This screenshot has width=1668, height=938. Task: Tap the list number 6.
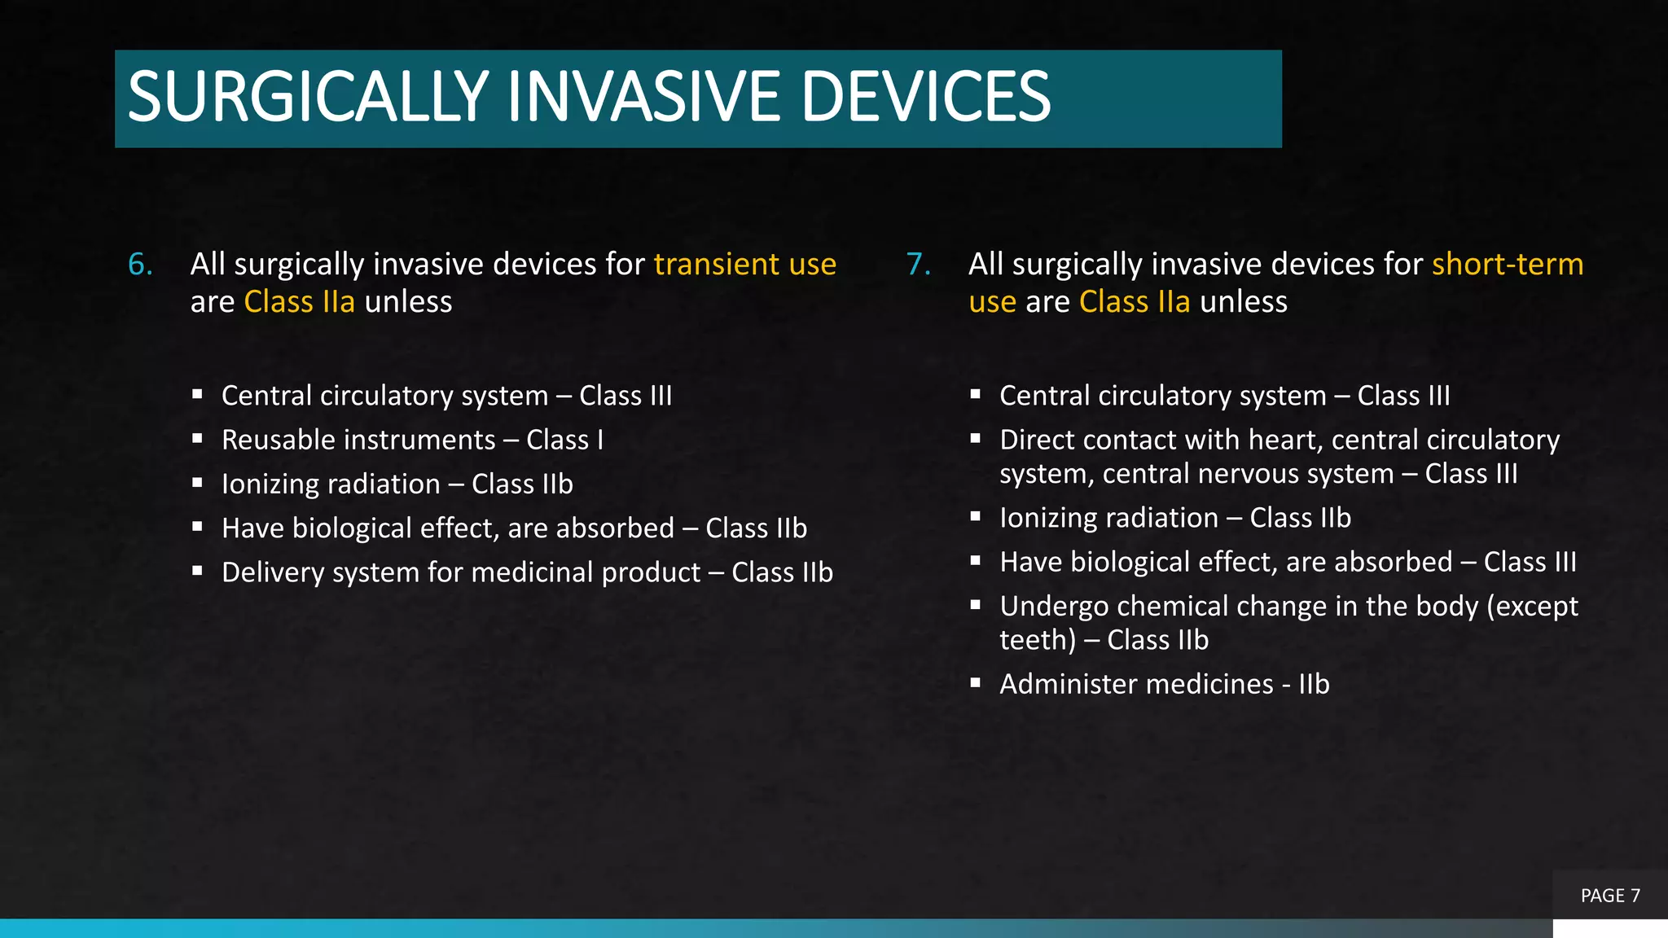(x=140, y=265)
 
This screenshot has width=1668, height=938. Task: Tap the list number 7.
(x=918, y=265)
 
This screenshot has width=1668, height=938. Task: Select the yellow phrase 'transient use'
(x=744, y=265)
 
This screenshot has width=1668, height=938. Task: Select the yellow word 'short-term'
(x=1508, y=265)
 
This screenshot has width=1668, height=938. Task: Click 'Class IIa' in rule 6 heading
(x=300, y=302)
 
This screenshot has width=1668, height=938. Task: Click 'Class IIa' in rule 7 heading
(x=1135, y=302)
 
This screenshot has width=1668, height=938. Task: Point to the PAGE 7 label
(x=1610, y=896)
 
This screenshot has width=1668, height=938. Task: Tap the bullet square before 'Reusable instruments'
(x=197, y=438)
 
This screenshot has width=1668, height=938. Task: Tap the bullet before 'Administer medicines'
(x=976, y=682)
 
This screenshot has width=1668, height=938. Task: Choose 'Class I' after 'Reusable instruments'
(x=564, y=441)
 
